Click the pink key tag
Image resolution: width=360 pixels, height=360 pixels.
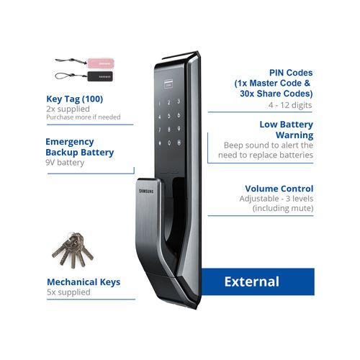[x=100, y=63]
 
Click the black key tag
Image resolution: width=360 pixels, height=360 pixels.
[x=100, y=76]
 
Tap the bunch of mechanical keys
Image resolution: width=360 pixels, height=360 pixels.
[x=73, y=250]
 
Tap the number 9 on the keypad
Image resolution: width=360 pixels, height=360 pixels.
[x=179, y=129]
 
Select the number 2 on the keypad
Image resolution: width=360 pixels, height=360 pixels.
[x=169, y=102]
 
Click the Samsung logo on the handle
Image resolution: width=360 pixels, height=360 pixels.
[x=146, y=192]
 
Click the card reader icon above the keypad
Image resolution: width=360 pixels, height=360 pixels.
[x=168, y=84]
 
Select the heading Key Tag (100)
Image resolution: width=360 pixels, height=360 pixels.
[x=75, y=99]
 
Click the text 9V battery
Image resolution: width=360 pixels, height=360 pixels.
[x=65, y=163]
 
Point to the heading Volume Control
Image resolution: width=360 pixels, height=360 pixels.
[x=279, y=189]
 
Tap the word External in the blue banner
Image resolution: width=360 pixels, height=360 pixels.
[x=252, y=282]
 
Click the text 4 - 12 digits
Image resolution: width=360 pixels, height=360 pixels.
[x=290, y=105]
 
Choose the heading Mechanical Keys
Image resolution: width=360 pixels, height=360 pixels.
[x=84, y=282]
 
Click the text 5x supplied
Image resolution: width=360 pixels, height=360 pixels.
[x=68, y=292]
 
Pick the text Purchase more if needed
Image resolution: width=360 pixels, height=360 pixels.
[x=84, y=117]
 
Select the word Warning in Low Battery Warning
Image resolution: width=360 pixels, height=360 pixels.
[x=294, y=135]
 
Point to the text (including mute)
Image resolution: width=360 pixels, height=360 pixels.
[x=283, y=208]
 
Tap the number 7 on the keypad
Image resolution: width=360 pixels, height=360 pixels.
[x=159, y=130]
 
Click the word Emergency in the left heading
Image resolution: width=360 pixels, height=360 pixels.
[x=70, y=142]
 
